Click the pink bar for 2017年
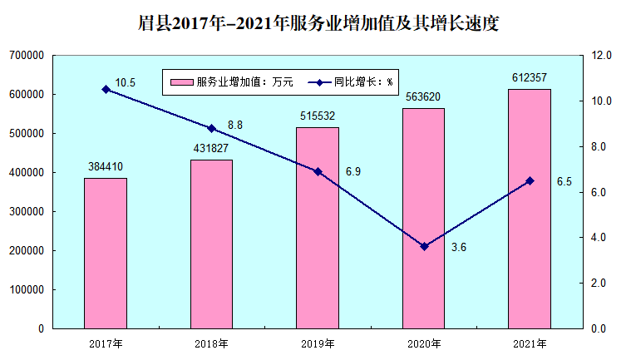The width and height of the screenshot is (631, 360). pos(106,254)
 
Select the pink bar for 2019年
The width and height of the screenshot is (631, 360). pos(318,228)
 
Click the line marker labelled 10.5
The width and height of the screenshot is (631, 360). pos(106,89)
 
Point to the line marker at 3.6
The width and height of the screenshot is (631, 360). pos(424,246)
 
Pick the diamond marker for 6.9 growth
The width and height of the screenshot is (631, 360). pos(318,171)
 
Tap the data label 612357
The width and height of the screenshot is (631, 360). pos(530,78)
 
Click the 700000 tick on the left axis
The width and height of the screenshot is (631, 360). pos(27,56)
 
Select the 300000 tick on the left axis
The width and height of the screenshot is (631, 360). pos(27,212)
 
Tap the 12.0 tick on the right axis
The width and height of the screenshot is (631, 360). pos(601,56)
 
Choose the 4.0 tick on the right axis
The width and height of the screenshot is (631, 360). pos(601,238)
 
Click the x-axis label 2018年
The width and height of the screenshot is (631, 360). pos(211,343)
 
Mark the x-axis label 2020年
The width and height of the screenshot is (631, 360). pos(423,343)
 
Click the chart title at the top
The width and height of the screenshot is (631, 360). pos(316,22)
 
